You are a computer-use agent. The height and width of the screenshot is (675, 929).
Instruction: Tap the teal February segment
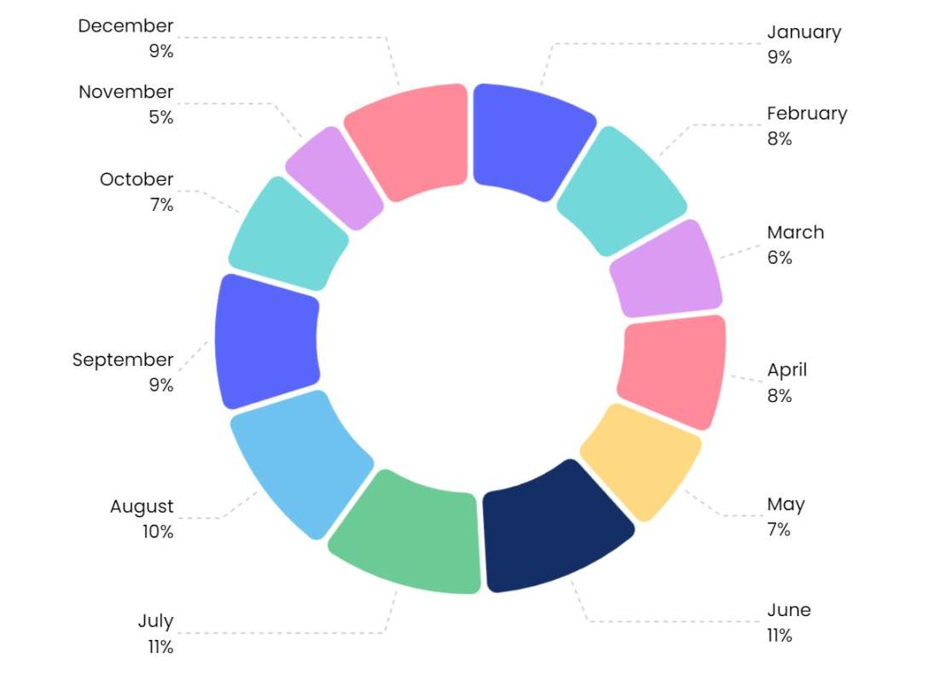pos(621,190)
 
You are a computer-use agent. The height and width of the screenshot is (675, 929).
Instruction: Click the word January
pos(804,32)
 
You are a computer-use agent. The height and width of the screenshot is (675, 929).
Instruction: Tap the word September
pos(123,360)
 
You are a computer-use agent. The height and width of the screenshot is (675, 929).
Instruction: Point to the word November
pos(126,92)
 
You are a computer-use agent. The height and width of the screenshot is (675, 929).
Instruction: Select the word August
pos(142,507)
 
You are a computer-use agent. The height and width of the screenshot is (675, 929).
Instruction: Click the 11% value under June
pos(779,636)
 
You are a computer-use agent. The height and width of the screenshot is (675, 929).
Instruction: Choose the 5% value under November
pos(161,118)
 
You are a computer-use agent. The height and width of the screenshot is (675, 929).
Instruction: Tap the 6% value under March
pos(779,258)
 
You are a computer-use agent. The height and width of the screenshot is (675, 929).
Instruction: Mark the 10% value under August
pos(158,532)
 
